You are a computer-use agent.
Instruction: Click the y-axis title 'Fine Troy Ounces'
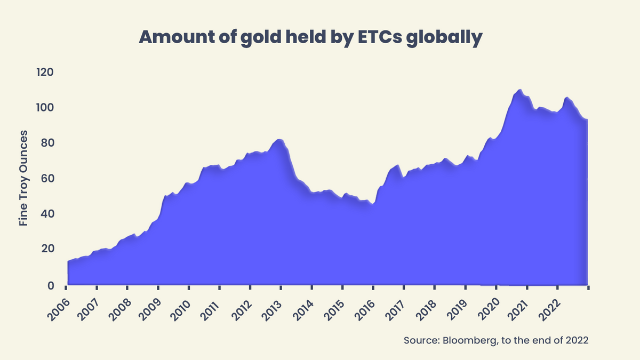click(23, 178)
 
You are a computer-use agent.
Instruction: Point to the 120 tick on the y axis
click(46, 72)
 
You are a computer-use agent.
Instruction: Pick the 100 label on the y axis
click(46, 108)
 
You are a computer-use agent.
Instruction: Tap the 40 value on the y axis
click(47, 214)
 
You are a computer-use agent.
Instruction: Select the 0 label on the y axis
click(51, 285)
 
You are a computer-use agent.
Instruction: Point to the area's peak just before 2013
click(278, 140)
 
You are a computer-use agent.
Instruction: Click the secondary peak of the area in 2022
click(566, 98)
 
